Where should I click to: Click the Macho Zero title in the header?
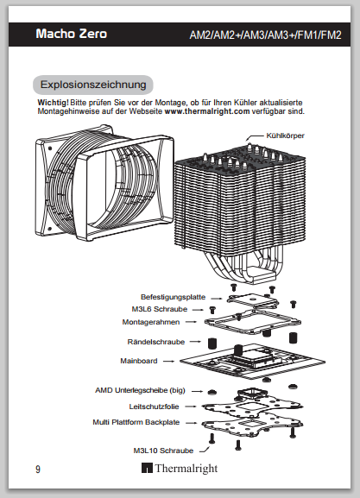pos(72,34)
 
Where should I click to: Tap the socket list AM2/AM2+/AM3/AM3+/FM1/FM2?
pos(265,35)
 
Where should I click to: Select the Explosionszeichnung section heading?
pos(93,85)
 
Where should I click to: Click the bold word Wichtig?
pos(53,103)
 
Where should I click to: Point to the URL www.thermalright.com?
pos(207,111)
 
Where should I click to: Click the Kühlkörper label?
pos(285,136)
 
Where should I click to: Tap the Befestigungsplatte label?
pos(174,297)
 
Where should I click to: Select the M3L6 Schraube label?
pos(160,309)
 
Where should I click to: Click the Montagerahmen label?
pos(151,322)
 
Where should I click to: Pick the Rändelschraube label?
pos(156,342)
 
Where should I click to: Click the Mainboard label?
pos(139,361)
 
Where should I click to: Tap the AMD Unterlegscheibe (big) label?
pos(140,390)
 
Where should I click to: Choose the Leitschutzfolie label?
pos(155,407)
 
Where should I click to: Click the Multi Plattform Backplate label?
pos(136,422)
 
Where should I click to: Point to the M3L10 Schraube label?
pos(163,451)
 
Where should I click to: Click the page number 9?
pos(38,470)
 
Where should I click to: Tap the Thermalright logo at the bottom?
pos(180,468)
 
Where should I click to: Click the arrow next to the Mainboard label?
pos(168,361)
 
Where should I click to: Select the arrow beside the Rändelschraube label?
pos(195,342)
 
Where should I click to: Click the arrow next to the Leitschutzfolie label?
pos(191,407)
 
